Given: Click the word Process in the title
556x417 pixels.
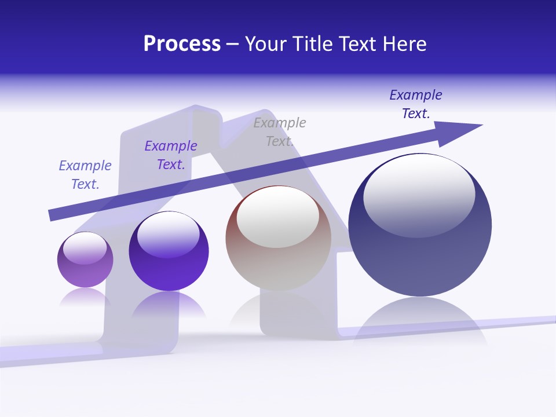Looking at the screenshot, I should click(x=182, y=44).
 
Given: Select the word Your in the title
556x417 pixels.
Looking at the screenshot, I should click(x=266, y=44).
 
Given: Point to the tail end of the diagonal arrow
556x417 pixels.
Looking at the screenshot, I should click(x=52, y=215).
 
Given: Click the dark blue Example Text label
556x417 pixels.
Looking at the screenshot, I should click(x=416, y=104).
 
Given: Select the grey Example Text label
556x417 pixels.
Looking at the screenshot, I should click(x=279, y=132).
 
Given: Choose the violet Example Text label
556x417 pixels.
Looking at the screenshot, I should click(x=171, y=155).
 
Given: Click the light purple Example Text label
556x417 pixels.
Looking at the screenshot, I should click(x=85, y=175).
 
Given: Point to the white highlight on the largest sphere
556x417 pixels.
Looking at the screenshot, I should click(x=419, y=194).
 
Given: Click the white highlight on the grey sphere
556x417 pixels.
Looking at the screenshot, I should click(x=277, y=217).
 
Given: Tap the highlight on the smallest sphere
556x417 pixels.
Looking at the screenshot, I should click(x=85, y=248).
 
